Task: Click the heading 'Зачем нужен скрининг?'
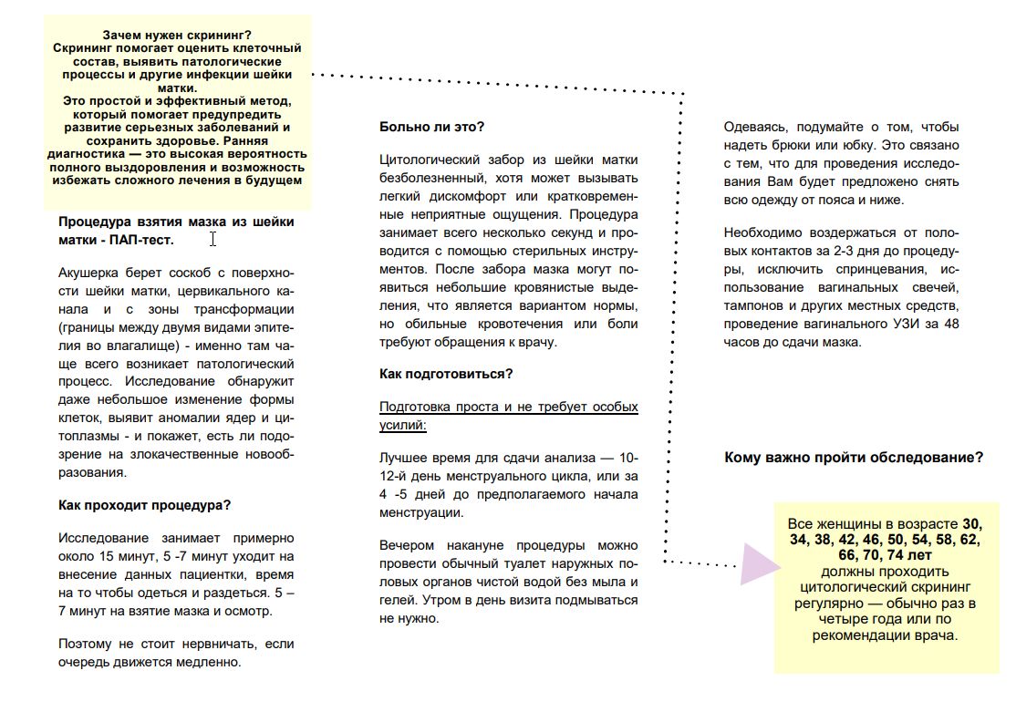click(178, 35)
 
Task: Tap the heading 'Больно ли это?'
click(431, 127)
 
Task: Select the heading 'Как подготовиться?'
click(446, 374)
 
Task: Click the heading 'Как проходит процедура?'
click(144, 505)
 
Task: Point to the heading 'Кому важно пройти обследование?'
click(854, 458)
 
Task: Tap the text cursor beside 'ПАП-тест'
click(213, 239)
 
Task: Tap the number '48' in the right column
click(949, 324)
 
